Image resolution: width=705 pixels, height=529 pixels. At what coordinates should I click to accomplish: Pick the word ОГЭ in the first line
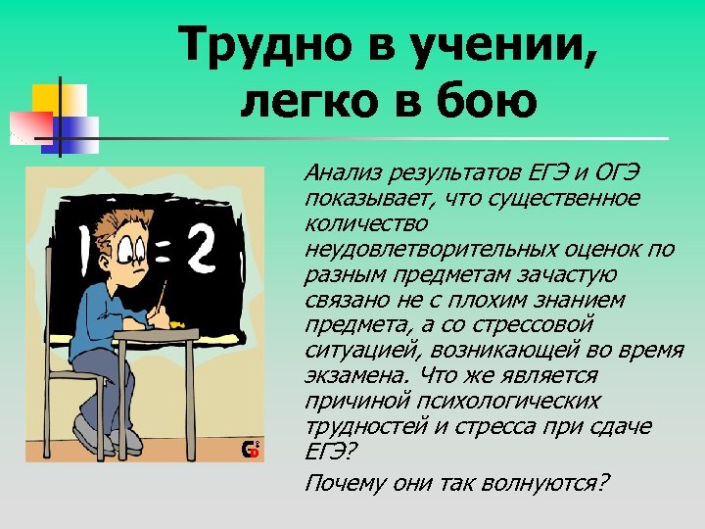[617, 174]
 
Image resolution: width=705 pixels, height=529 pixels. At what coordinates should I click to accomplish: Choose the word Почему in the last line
[339, 482]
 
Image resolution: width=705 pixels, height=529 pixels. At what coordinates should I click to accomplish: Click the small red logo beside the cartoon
[251, 450]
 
